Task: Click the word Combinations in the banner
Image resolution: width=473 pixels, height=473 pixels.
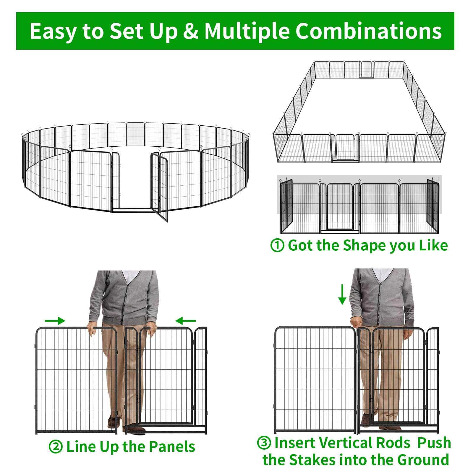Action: pos(369,31)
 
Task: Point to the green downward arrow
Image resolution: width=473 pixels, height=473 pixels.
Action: pos(342,295)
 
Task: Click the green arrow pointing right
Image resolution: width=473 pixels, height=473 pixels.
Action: pos(55,321)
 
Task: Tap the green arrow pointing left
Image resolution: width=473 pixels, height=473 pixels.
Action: pos(186,320)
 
